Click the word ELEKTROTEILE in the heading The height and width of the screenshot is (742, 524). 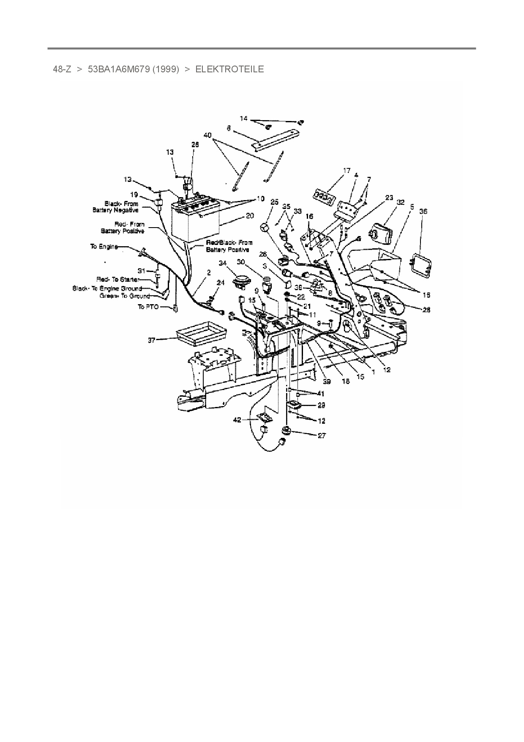click(x=229, y=69)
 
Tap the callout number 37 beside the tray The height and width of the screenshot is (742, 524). click(x=151, y=340)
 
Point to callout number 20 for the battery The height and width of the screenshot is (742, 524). click(x=249, y=216)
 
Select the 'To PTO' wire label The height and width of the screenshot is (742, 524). click(x=148, y=307)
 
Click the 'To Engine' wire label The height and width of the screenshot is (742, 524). click(x=104, y=246)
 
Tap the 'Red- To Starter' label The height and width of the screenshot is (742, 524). click(x=117, y=280)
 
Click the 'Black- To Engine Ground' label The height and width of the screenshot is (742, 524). click(x=107, y=288)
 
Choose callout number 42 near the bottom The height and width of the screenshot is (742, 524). click(x=237, y=420)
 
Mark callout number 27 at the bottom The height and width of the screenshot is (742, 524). click(x=322, y=435)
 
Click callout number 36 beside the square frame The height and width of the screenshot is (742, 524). click(x=423, y=211)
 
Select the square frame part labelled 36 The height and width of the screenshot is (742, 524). click(x=421, y=265)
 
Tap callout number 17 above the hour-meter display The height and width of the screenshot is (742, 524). click(x=347, y=170)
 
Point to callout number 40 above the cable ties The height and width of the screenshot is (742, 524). click(x=207, y=135)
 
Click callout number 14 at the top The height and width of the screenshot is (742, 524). click(x=243, y=118)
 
